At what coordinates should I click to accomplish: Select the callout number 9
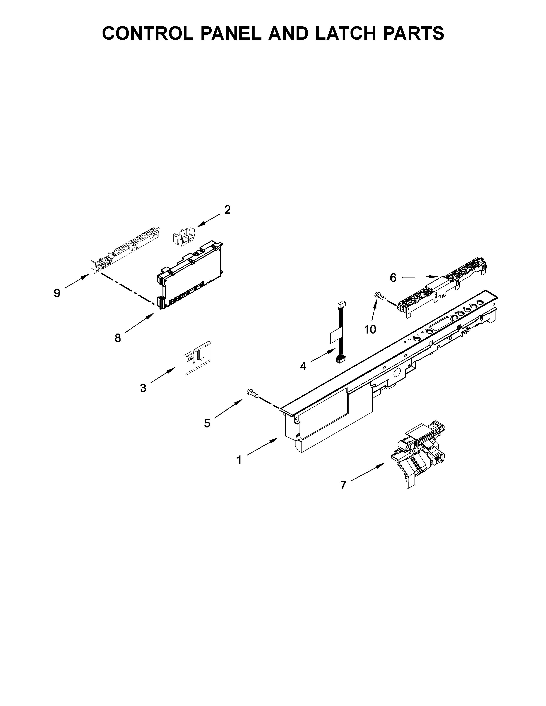[x=57, y=293]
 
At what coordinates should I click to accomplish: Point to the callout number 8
[x=118, y=338]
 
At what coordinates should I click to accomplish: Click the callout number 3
[x=143, y=388]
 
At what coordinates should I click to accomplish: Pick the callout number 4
[x=303, y=366]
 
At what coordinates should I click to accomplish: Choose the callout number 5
[x=207, y=423]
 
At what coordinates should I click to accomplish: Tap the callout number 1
[x=239, y=460]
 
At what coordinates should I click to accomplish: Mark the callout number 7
[x=343, y=494]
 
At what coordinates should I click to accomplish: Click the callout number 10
[x=370, y=329]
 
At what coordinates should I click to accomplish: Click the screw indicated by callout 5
[x=253, y=394]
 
